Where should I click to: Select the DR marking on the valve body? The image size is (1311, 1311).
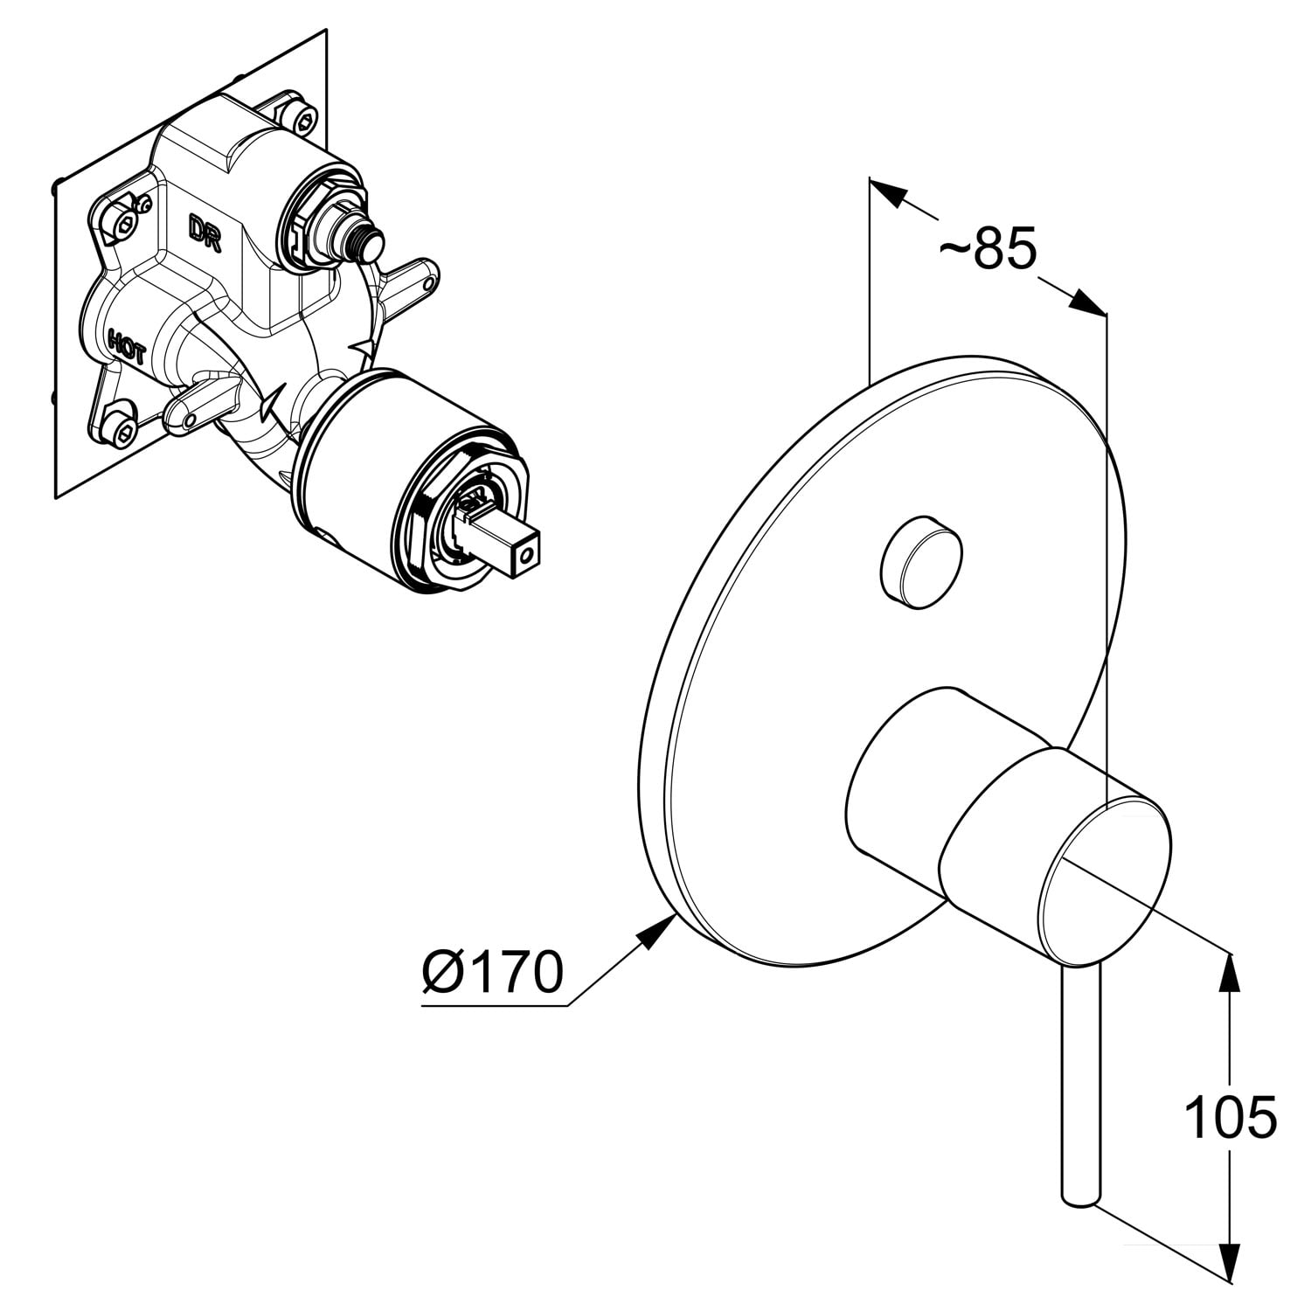[205, 233]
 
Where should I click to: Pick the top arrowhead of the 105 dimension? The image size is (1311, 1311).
[1230, 972]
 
